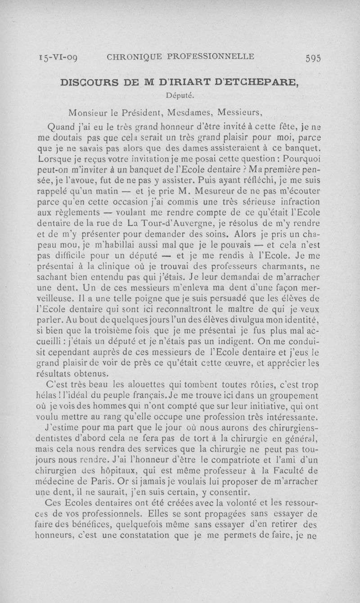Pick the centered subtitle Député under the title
click(180, 95)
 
